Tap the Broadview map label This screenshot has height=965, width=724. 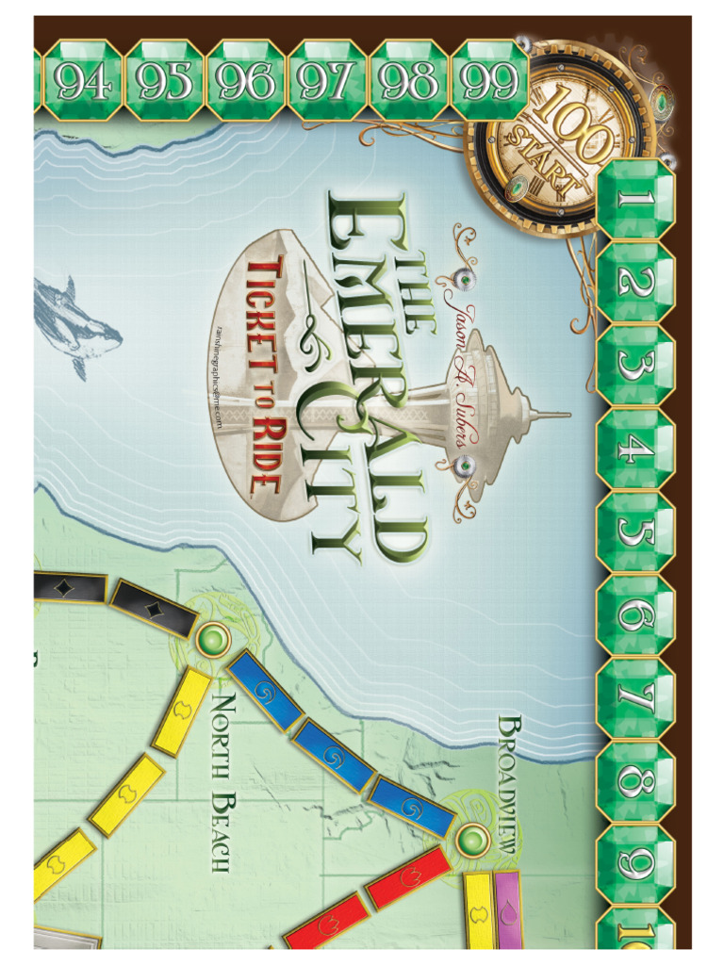coord(509,782)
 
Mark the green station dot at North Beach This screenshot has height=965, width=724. coord(214,641)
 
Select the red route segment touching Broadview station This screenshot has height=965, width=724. coord(405,877)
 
